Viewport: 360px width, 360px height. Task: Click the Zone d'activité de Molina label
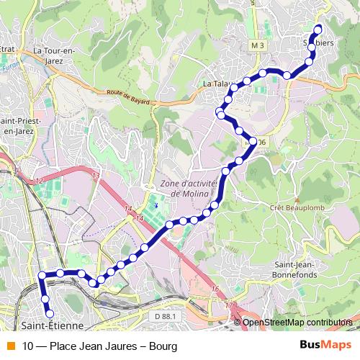click(x=189, y=188)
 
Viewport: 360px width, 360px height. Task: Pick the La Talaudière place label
click(x=216, y=84)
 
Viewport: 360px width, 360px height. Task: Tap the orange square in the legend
click(x=9, y=346)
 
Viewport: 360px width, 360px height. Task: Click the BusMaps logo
click(x=325, y=346)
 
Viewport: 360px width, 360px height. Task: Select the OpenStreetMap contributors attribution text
click(x=297, y=322)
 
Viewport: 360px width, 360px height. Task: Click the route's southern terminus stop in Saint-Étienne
click(x=50, y=313)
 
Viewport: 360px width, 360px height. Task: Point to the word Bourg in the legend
click(x=163, y=346)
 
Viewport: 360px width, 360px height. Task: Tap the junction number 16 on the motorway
click(x=215, y=289)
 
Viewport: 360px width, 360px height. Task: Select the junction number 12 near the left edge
click(x=38, y=178)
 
